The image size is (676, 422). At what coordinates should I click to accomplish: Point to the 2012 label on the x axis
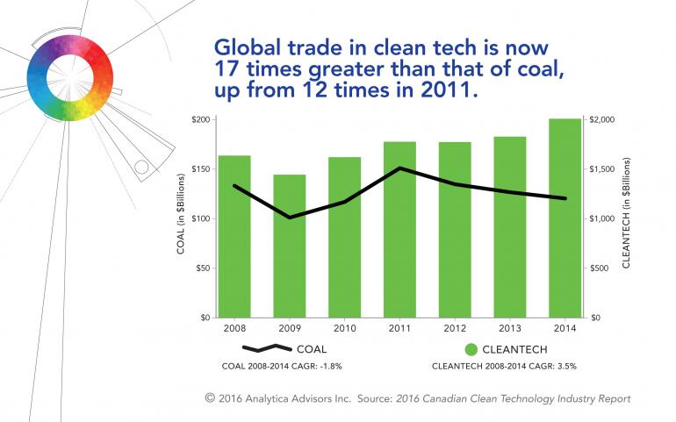coord(454,328)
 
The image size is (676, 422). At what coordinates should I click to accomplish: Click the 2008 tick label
coord(234,328)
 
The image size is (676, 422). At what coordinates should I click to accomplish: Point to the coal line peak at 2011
coord(399,168)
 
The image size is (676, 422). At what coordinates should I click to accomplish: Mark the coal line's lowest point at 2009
coord(289,217)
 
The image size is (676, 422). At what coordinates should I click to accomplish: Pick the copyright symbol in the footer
coord(210,398)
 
